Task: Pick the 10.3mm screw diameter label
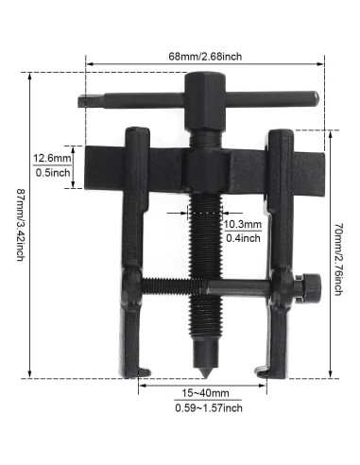tap(242, 224)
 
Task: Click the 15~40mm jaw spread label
tap(200, 392)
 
